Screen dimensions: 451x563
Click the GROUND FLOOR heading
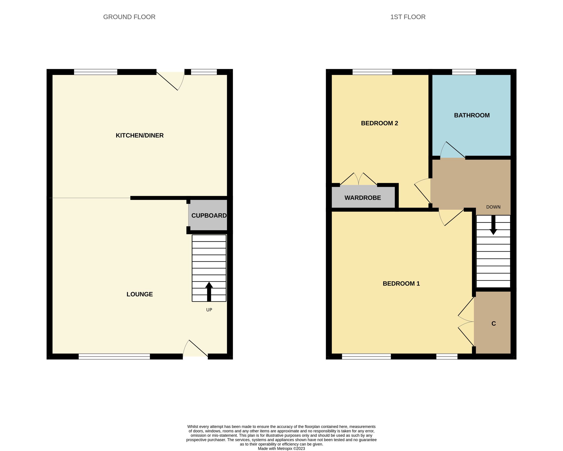click(x=129, y=17)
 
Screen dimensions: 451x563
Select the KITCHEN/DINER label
click(x=139, y=136)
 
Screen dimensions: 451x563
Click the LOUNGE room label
click(x=139, y=294)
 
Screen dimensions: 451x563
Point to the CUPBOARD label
click(x=209, y=215)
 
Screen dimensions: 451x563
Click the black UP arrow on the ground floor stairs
click(x=209, y=292)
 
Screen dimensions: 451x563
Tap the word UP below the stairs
click(x=209, y=310)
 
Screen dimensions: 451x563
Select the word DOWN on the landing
click(x=493, y=207)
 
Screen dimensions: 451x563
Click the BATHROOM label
click(x=472, y=115)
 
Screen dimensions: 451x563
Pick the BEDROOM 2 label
click(x=379, y=123)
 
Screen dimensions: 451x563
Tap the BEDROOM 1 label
click(x=401, y=283)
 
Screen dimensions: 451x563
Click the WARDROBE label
click(x=362, y=198)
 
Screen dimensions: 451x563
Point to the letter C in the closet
click(x=493, y=324)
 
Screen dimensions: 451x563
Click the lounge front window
click(x=114, y=356)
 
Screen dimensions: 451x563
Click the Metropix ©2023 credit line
click(x=281, y=449)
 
